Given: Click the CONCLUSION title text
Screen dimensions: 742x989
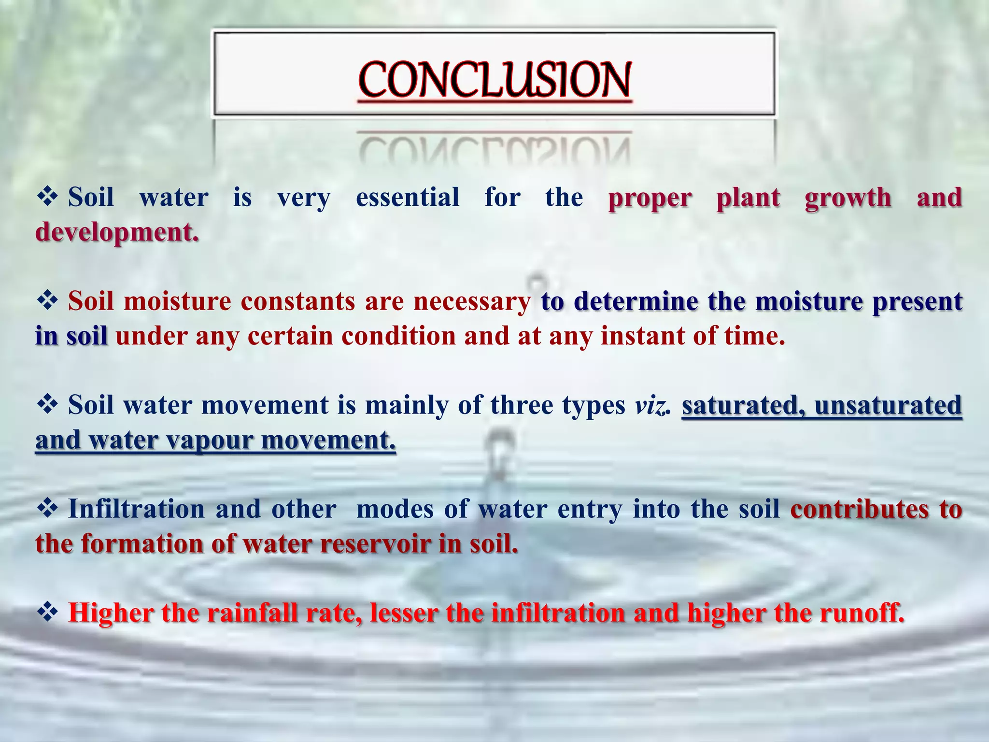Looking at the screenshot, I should click(494, 80).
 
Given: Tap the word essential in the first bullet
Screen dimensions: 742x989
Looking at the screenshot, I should click(408, 197).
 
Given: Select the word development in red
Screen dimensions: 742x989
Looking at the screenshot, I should click(116, 232).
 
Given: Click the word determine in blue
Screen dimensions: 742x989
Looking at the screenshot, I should click(636, 301).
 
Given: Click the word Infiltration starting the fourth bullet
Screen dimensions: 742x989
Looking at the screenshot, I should click(137, 509).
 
